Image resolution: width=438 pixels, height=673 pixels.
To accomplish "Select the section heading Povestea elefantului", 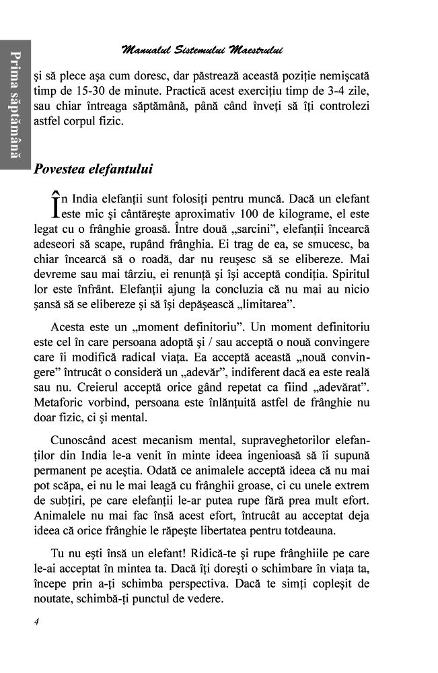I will (x=93, y=169).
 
